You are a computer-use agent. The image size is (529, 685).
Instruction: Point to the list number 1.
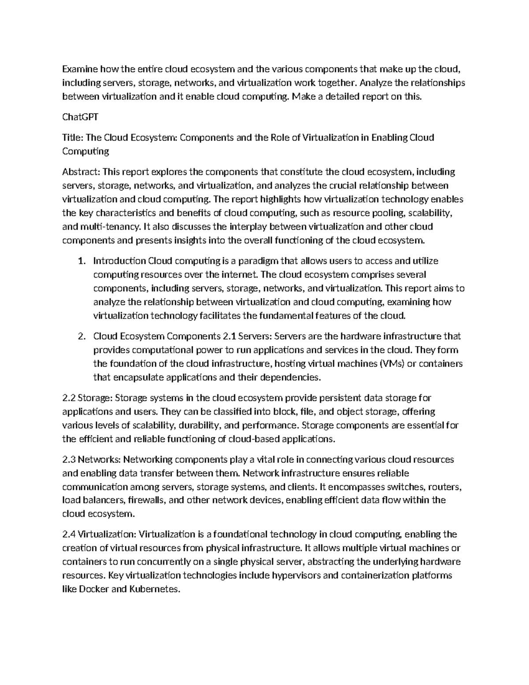point(81,261)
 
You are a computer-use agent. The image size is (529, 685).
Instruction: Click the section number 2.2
point(69,398)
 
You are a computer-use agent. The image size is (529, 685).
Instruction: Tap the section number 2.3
point(69,460)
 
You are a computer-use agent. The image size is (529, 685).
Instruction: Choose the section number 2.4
point(69,535)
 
